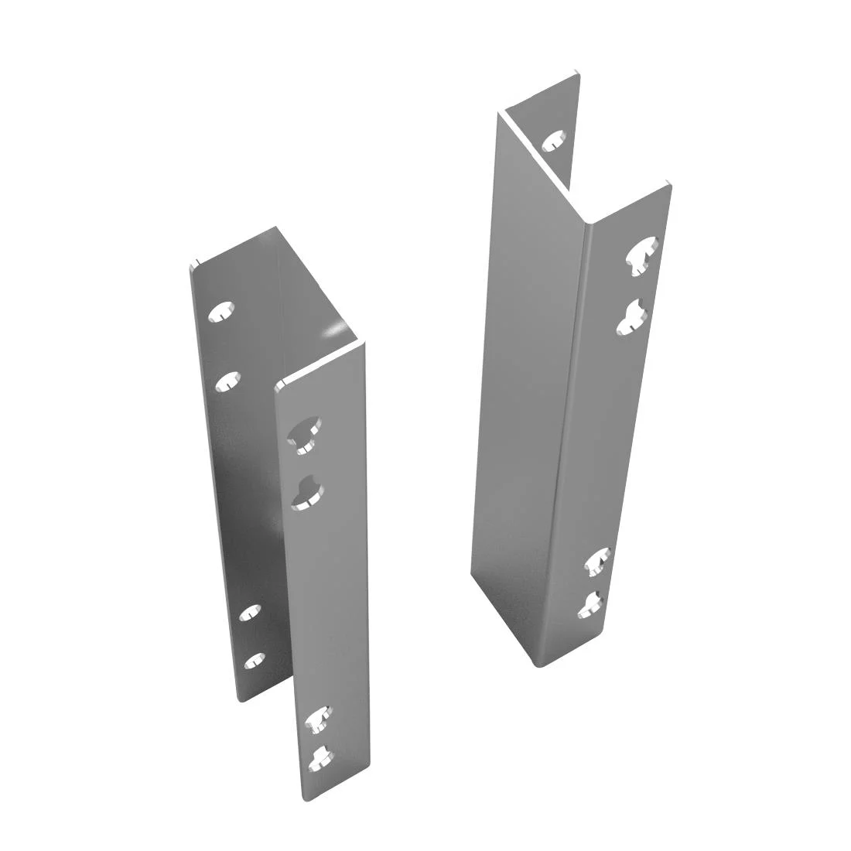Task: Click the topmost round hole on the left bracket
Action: click(x=222, y=311)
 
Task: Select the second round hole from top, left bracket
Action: click(x=227, y=379)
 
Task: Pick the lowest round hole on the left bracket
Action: click(x=255, y=661)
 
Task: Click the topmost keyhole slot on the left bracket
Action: click(x=303, y=432)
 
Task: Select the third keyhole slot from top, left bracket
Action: click(x=317, y=719)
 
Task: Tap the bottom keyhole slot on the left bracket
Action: click(x=320, y=759)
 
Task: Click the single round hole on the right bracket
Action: click(x=553, y=141)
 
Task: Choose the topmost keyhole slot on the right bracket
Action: click(x=644, y=257)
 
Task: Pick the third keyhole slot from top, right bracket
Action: click(x=598, y=560)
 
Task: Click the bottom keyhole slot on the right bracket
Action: click(x=592, y=603)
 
